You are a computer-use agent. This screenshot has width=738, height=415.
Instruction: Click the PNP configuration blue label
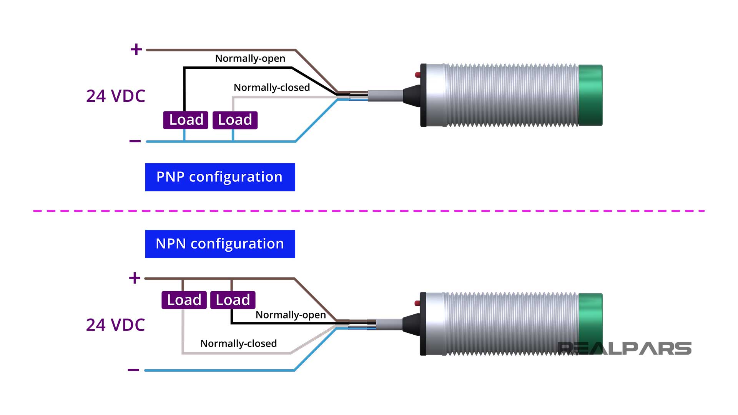pos(220,177)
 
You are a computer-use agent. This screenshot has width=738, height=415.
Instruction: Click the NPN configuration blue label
pos(220,244)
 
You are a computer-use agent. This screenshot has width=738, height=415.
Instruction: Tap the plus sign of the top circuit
pos(136,49)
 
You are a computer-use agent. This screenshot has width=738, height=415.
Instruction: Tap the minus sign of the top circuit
pos(135,141)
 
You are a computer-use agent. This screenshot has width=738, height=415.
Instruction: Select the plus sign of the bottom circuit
pos(135,277)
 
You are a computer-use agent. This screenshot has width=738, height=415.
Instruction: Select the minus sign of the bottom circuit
pos(133,370)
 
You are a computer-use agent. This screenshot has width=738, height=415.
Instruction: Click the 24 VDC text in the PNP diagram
pos(115,96)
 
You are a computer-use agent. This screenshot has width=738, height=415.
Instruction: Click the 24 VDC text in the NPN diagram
pos(115,325)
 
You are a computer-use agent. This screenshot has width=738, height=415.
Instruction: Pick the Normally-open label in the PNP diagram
pos(250,58)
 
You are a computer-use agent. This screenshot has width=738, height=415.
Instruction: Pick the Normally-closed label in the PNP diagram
pos(271,88)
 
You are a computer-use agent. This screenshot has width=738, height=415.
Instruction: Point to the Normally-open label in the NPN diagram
pos(291,315)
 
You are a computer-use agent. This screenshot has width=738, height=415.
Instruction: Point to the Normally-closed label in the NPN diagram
pos(238,344)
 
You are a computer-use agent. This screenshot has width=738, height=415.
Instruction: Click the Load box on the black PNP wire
pos(186,120)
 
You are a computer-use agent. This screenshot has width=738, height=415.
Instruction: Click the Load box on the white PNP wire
pos(235,120)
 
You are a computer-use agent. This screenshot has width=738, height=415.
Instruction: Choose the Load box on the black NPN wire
pos(233,300)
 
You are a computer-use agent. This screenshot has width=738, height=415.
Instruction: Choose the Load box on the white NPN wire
pos(184,300)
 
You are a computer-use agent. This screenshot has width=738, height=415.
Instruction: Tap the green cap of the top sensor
pos(590,95)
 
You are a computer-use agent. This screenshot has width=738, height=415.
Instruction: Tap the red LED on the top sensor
pos(418,75)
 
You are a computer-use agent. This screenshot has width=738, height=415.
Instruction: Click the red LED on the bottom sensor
pos(417,303)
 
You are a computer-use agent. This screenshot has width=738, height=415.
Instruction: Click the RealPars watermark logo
pos(624,348)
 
